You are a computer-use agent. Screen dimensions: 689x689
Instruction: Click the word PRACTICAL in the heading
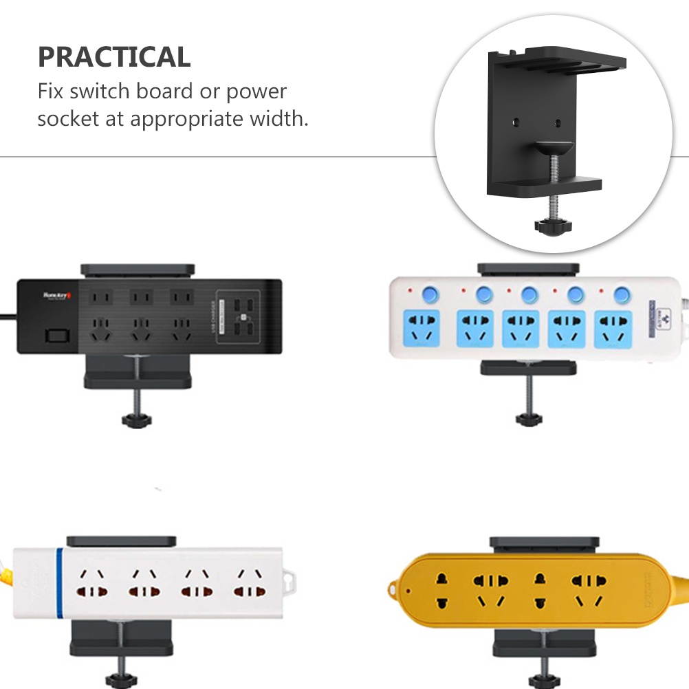click(113, 57)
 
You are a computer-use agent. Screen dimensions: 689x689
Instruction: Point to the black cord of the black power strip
click(8, 316)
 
